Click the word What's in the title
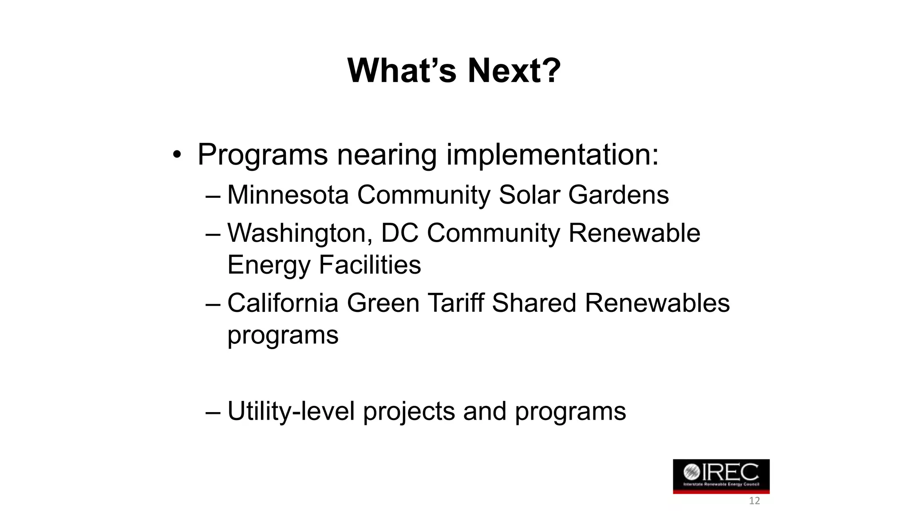click(402, 71)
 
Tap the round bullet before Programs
click(177, 155)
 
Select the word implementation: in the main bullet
click(552, 155)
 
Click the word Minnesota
click(288, 195)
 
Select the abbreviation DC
click(399, 233)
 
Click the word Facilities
click(370, 265)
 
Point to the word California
click(283, 303)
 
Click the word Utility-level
click(291, 411)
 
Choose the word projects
click(409, 412)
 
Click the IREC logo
click(721, 476)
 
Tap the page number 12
click(754, 501)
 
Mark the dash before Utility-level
click(213, 412)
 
